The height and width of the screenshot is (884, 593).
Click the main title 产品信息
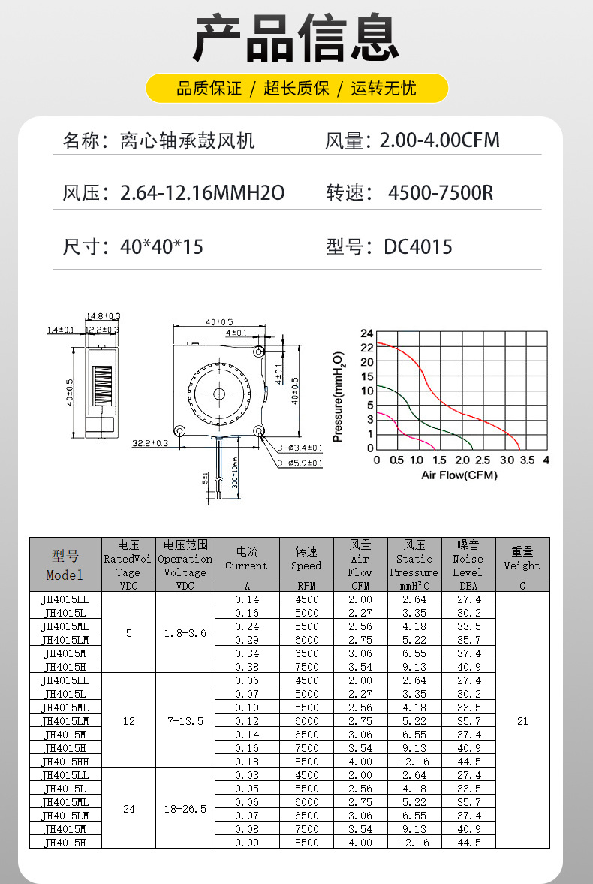pyautogui.click(x=296, y=38)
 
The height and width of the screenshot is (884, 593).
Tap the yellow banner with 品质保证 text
pyautogui.click(x=296, y=89)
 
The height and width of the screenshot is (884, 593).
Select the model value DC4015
pyautogui.click(x=418, y=247)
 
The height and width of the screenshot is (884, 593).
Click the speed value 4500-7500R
pyautogui.click(x=441, y=193)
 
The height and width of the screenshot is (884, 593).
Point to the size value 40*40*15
pyautogui.click(x=161, y=247)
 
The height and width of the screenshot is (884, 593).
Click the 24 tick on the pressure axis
pyautogui.click(x=366, y=333)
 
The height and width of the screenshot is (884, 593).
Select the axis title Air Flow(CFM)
pyautogui.click(x=459, y=475)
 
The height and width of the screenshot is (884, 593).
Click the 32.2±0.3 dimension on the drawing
pyautogui.click(x=150, y=443)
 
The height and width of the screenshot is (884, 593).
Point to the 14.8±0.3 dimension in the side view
pyautogui.click(x=104, y=316)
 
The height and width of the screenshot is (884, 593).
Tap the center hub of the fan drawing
pyautogui.click(x=219, y=393)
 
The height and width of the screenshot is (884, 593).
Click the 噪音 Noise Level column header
pyautogui.click(x=468, y=558)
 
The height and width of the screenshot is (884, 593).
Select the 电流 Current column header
pyautogui.click(x=247, y=558)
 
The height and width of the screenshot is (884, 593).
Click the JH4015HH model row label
pyautogui.click(x=66, y=762)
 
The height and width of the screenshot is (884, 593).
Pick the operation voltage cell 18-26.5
pyautogui.click(x=185, y=809)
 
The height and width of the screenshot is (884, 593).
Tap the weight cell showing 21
pyautogui.click(x=522, y=721)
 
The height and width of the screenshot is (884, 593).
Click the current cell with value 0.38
pyautogui.click(x=247, y=667)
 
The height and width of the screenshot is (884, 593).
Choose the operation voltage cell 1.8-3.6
pyautogui.click(x=185, y=633)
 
